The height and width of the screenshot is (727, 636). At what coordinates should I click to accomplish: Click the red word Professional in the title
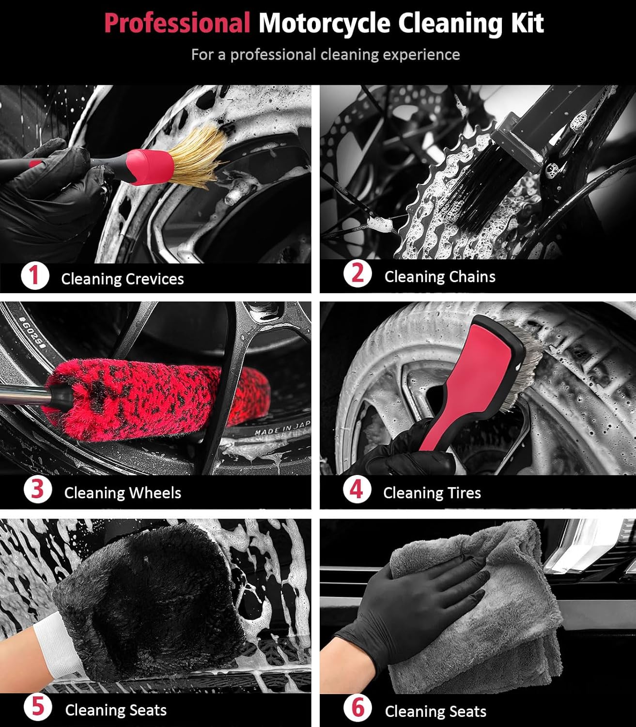(177, 23)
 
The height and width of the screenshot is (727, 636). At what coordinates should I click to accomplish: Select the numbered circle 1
(35, 276)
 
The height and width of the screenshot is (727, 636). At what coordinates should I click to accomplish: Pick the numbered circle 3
(37, 490)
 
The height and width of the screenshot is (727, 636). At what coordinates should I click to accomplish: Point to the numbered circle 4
(357, 490)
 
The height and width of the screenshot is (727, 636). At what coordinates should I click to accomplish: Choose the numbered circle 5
(38, 707)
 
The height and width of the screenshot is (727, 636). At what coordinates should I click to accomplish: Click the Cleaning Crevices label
(122, 279)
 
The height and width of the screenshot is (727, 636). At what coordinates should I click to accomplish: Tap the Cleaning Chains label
(439, 277)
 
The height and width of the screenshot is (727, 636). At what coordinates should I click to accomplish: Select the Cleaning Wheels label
(123, 493)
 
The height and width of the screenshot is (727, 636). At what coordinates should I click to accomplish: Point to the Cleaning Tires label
(432, 493)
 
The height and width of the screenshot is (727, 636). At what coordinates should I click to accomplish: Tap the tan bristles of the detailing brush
(201, 153)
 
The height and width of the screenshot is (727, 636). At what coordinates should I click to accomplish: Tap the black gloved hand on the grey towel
(417, 606)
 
